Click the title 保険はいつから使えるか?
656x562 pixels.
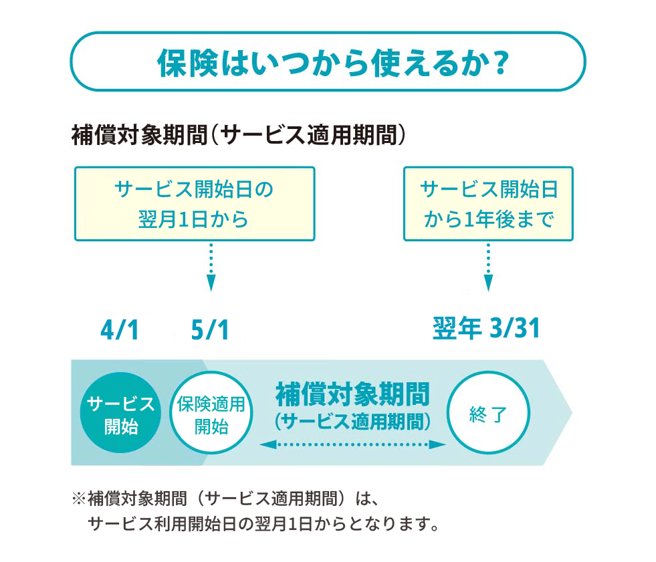(x=328, y=61)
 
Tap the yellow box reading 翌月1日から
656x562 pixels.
(x=194, y=204)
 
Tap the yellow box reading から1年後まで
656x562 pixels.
(x=488, y=204)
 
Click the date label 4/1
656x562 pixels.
(x=120, y=331)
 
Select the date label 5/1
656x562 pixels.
(x=210, y=331)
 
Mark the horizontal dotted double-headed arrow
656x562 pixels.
(x=352, y=444)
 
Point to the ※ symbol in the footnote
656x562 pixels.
(x=79, y=499)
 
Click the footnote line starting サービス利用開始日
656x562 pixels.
(x=264, y=522)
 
